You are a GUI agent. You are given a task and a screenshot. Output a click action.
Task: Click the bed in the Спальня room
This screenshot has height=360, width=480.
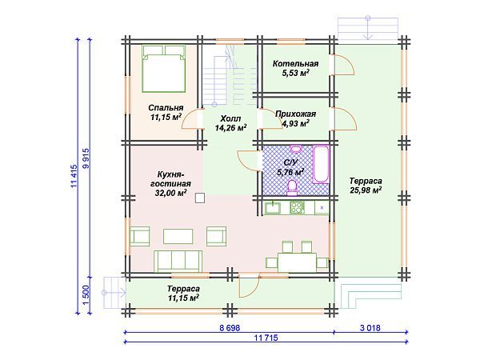click(164, 69)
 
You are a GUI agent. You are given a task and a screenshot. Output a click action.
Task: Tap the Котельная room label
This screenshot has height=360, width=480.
click(295, 64)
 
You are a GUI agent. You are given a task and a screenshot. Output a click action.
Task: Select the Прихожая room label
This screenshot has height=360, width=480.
click(295, 114)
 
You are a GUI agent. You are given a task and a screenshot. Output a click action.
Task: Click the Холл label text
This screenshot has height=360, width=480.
click(230, 118)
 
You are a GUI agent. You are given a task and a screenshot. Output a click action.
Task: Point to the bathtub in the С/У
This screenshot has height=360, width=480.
click(321, 165)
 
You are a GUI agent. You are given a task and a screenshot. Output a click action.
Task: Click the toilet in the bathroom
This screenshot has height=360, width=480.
click(292, 188)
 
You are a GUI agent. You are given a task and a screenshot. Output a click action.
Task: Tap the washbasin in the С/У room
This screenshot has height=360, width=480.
click(296, 149)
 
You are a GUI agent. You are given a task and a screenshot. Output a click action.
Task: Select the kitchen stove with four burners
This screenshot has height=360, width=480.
click(298, 207)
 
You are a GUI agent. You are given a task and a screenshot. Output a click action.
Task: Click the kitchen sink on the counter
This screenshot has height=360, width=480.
click(273, 207)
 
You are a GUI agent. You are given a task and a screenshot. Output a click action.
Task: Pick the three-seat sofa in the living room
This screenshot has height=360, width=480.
click(178, 261)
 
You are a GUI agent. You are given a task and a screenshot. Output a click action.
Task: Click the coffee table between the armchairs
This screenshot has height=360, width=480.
click(178, 236)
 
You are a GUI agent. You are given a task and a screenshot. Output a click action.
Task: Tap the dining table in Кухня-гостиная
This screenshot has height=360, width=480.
click(297, 262)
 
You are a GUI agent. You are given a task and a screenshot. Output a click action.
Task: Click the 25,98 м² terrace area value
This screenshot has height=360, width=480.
click(366, 190)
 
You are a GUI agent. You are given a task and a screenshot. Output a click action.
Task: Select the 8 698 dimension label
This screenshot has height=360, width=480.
click(230, 328)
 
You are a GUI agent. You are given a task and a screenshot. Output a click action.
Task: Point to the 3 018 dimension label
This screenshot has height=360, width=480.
click(370, 328)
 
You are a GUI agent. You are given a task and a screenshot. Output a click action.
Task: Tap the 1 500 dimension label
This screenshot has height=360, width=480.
click(86, 294)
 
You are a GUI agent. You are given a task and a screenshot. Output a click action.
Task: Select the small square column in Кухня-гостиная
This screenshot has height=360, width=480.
click(200, 198)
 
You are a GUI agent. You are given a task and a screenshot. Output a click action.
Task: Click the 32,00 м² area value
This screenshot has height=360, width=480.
click(171, 193)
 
